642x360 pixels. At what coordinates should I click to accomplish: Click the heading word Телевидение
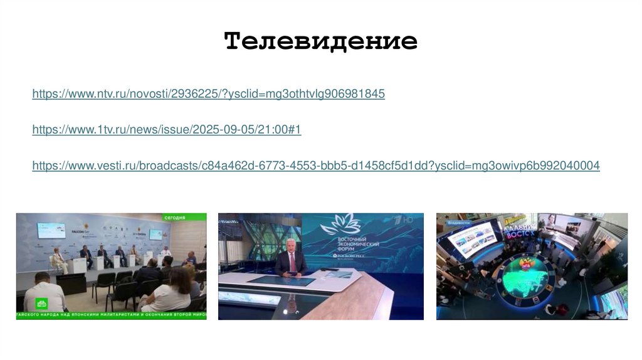(x=320, y=41)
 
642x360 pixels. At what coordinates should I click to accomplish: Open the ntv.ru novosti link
(x=208, y=94)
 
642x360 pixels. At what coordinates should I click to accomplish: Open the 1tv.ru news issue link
(x=167, y=130)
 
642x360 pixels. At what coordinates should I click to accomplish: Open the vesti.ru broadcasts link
(x=316, y=166)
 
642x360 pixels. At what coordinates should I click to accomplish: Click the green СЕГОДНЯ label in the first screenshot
(x=175, y=217)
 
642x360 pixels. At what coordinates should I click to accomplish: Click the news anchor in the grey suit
(x=291, y=258)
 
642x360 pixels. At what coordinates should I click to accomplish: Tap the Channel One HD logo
(x=408, y=220)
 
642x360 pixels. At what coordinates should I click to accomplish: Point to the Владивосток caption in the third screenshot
(x=456, y=221)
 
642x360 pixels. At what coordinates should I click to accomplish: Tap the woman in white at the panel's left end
(x=58, y=259)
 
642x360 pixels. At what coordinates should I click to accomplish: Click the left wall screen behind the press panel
(x=51, y=230)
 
